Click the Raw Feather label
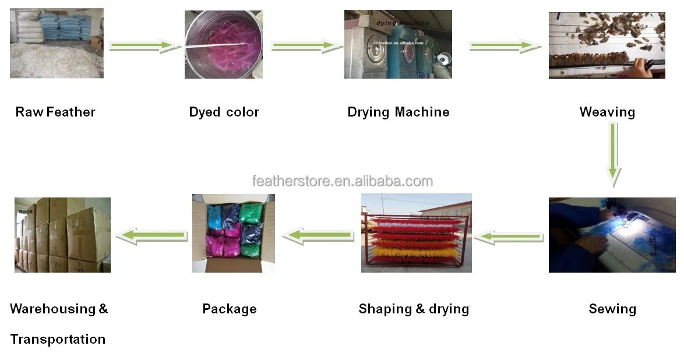point(55,112)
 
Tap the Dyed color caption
point(224,112)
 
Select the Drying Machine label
point(399,112)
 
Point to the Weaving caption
point(607,112)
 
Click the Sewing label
point(612,309)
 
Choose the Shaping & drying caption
point(414,309)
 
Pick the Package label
point(230,309)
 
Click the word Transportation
point(58,339)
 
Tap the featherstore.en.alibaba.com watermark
point(343,181)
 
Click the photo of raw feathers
point(57,44)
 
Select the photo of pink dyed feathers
point(224,44)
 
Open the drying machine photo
point(398,44)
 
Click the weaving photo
point(607,45)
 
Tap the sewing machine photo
point(612,235)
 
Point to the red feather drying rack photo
point(416,233)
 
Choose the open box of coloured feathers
point(234,233)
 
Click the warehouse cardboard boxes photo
point(62,235)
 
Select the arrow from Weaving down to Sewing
point(612,154)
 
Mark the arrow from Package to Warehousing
point(153,235)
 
